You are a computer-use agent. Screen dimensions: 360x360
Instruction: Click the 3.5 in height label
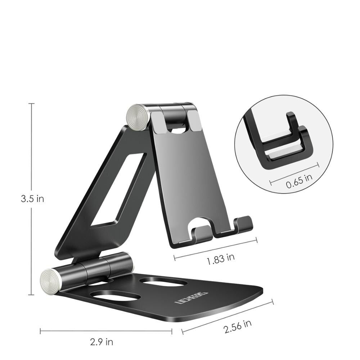(x=32, y=199)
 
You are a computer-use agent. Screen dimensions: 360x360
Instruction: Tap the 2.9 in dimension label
(x=102, y=341)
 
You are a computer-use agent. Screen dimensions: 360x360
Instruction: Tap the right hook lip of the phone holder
(x=244, y=223)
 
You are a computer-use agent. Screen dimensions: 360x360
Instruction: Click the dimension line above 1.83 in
(x=215, y=247)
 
